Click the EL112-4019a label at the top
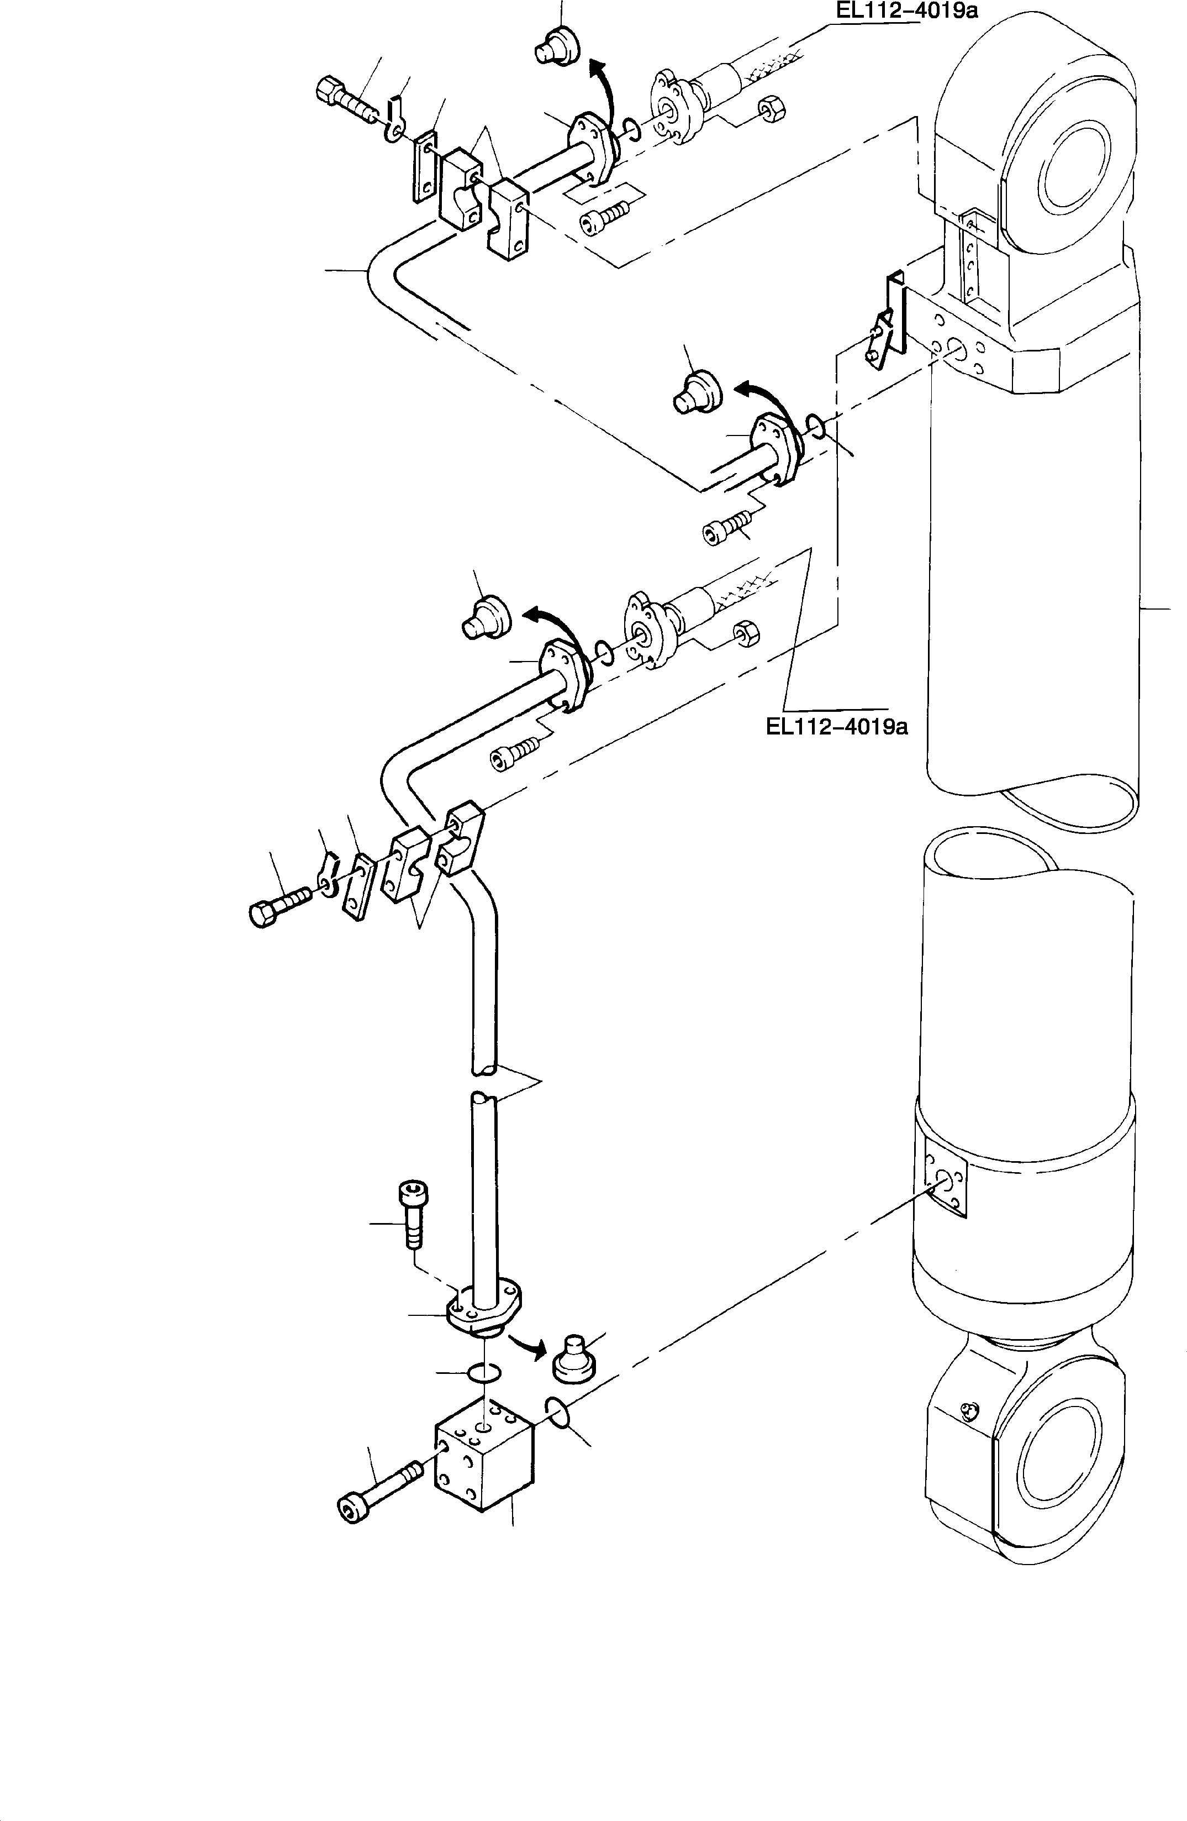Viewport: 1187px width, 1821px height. (x=906, y=11)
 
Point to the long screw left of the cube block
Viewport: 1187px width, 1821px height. (x=378, y=1481)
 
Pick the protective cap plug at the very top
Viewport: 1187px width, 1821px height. (x=557, y=45)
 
